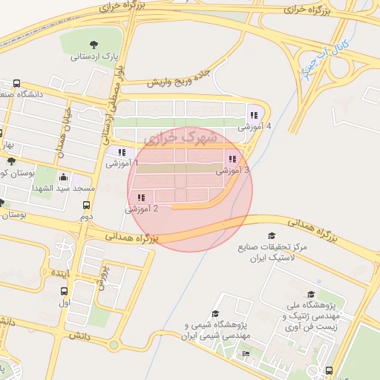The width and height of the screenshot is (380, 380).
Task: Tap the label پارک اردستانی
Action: [94, 56]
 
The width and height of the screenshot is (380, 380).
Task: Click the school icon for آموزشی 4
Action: [254, 115]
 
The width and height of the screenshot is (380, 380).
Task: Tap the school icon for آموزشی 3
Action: [232, 159]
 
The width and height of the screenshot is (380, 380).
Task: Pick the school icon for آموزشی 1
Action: [122, 152]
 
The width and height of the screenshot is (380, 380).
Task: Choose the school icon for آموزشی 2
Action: [141, 197]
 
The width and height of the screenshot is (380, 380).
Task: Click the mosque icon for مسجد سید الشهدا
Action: [64, 177]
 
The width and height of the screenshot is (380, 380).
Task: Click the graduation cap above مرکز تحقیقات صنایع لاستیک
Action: [272, 236]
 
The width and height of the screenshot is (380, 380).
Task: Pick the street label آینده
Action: [60, 274]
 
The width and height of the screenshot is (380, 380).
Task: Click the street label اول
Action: [65, 303]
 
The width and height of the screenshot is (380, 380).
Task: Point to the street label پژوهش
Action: [103, 277]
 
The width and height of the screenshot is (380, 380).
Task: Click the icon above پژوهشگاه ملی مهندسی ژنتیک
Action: [310, 294]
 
